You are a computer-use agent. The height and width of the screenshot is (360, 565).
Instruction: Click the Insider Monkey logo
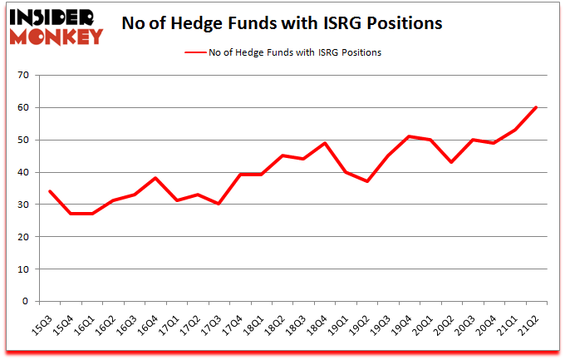click(56, 25)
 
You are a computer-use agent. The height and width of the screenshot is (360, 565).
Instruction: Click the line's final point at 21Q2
click(536, 107)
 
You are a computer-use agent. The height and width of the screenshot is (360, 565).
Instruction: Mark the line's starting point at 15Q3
click(50, 191)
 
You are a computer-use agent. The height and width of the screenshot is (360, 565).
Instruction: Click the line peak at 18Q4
click(325, 143)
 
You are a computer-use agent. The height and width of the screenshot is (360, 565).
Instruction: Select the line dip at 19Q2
click(367, 182)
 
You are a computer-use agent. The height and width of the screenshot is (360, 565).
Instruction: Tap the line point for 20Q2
click(451, 162)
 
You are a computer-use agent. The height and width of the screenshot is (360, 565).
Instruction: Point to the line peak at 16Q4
click(155, 178)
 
